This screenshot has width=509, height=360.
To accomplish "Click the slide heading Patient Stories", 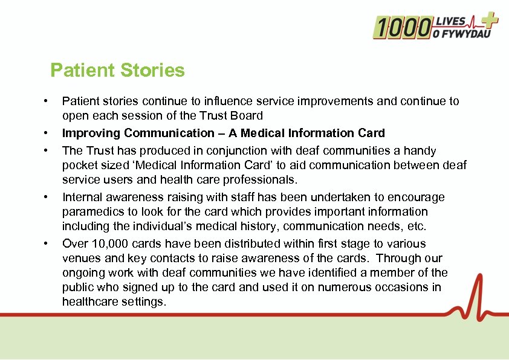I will pyautogui.click(x=117, y=71).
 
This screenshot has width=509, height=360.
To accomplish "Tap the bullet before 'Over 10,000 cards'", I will pyautogui.click(x=45, y=244).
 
